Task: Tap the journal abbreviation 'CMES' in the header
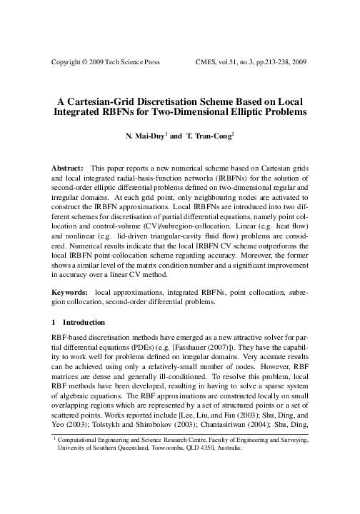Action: tap(208, 62)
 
